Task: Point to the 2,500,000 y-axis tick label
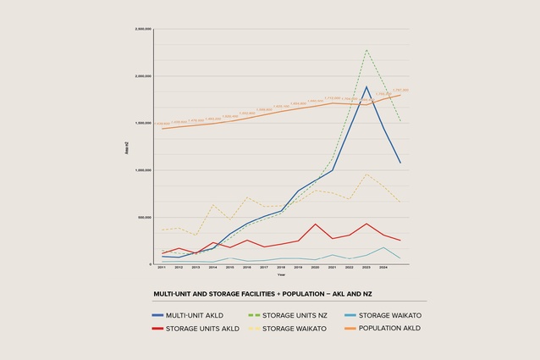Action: click(x=143, y=29)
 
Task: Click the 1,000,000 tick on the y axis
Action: click(x=143, y=170)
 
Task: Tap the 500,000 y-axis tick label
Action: click(x=145, y=217)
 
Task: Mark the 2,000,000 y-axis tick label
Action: click(x=143, y=76)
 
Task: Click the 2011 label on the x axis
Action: click(x=162, y=268)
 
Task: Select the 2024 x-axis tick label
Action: click(x=383, y=268)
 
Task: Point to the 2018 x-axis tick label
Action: click(x=281, y=268)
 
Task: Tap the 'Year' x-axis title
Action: click(x=281, y=274)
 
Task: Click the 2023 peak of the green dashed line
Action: click(x=366, y=49)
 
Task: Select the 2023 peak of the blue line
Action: click(x=366, y=86)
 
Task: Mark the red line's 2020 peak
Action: click(x=315, y=224)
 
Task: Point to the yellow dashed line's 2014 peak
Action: click(x=213, y=205)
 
